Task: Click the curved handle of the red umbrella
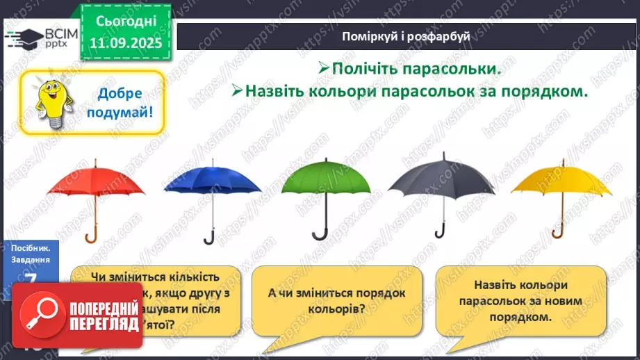91,236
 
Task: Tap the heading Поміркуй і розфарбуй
407,36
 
